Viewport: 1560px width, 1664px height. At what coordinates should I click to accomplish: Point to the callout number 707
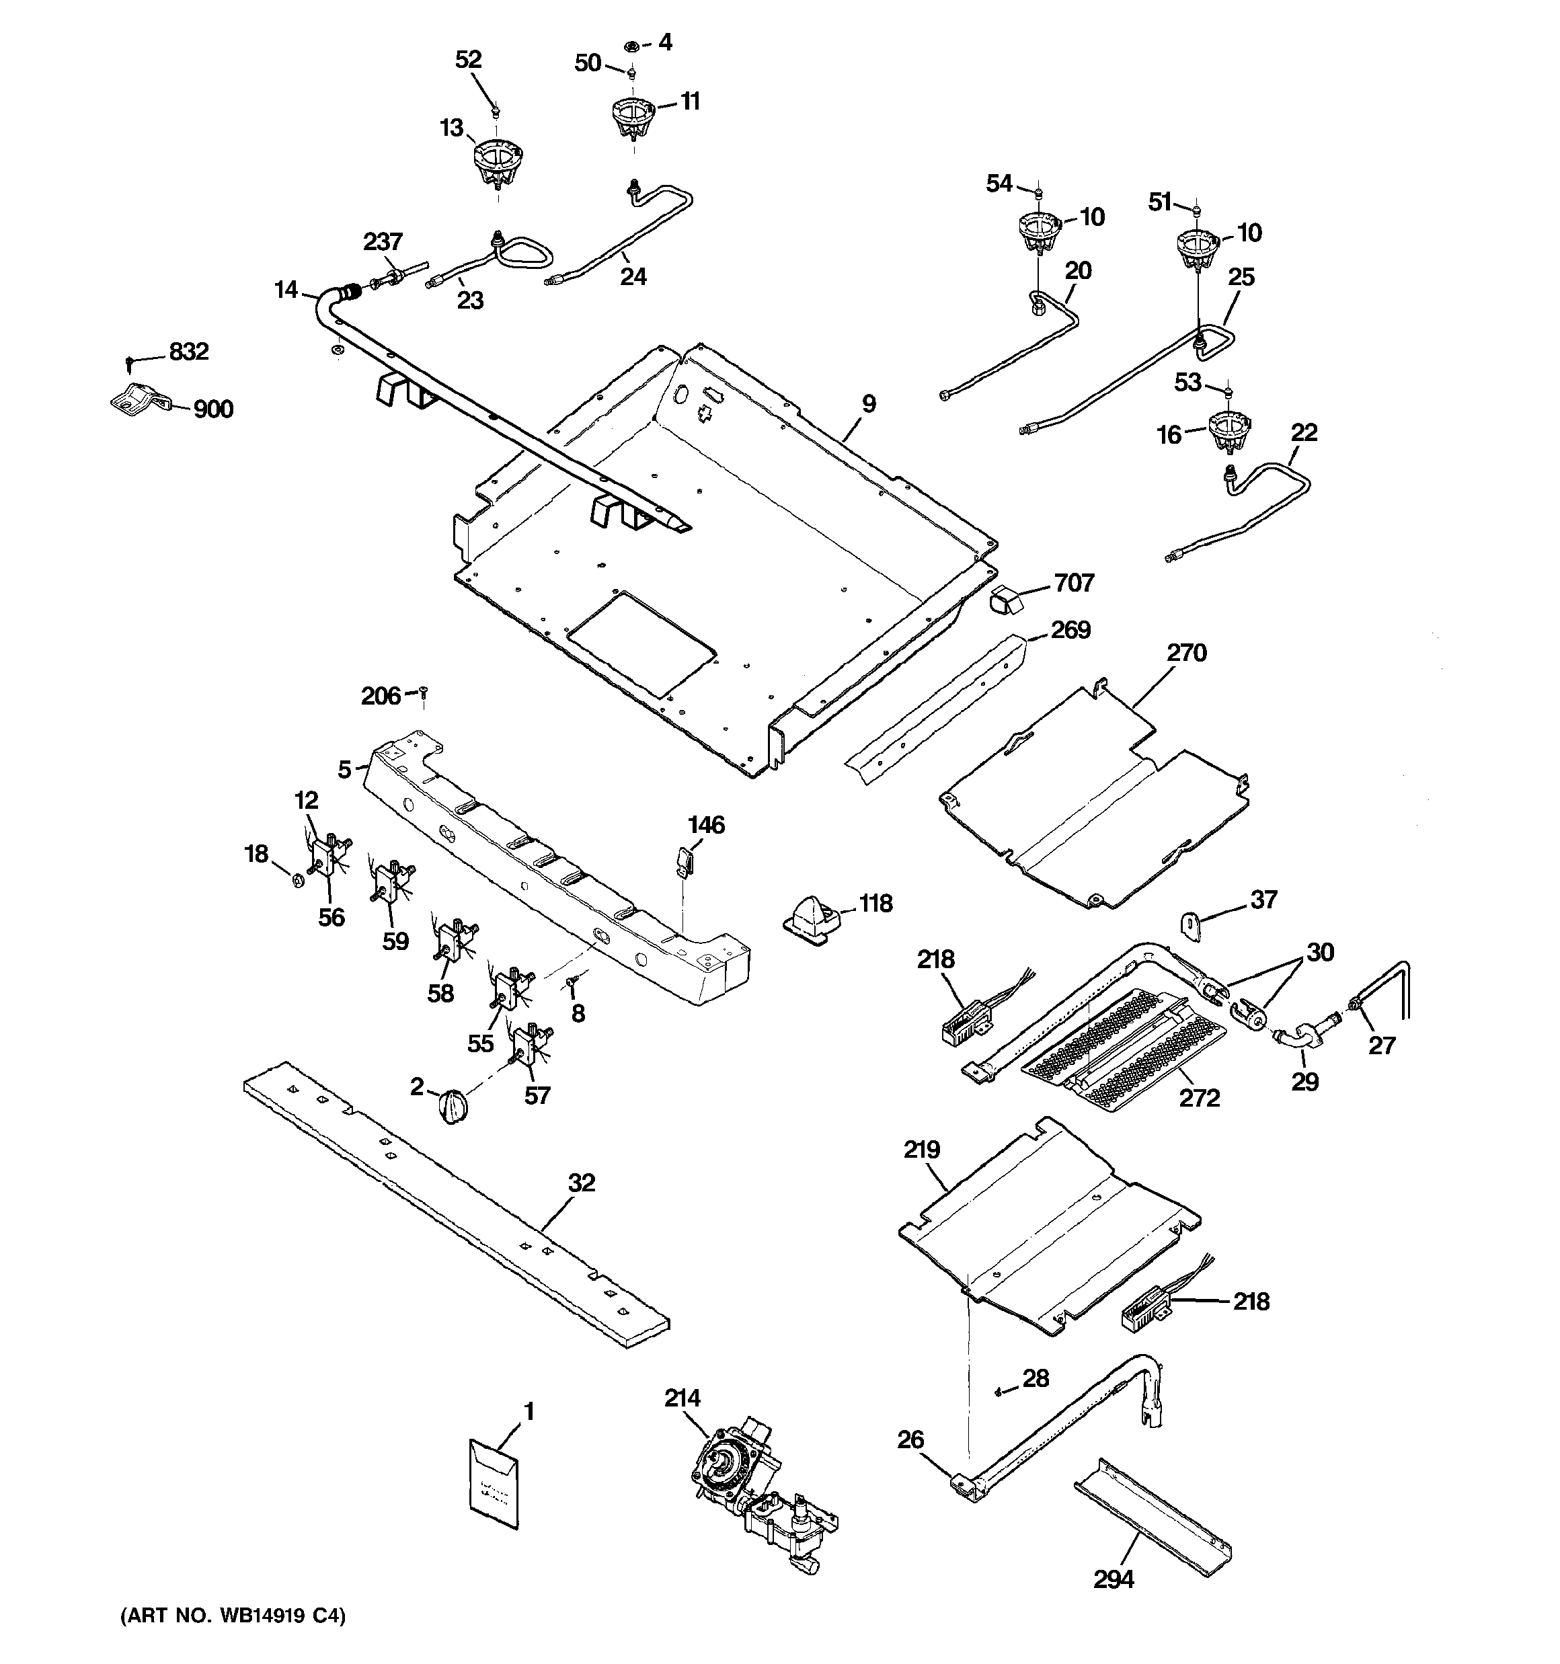click(1073, 582)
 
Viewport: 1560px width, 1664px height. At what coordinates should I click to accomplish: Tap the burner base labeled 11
click(633, 119)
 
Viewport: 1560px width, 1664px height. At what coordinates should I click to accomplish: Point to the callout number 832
click(188, 352)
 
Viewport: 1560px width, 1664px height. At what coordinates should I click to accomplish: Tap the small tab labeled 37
click(1191, 925)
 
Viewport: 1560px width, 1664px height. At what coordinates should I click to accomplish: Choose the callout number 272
click(1199, 1097)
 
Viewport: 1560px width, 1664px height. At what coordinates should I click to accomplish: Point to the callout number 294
click(1114, 1579)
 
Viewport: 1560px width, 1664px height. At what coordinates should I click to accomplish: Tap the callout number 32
click(581, 1183)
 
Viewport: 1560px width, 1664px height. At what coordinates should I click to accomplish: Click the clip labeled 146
click(682, 860)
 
